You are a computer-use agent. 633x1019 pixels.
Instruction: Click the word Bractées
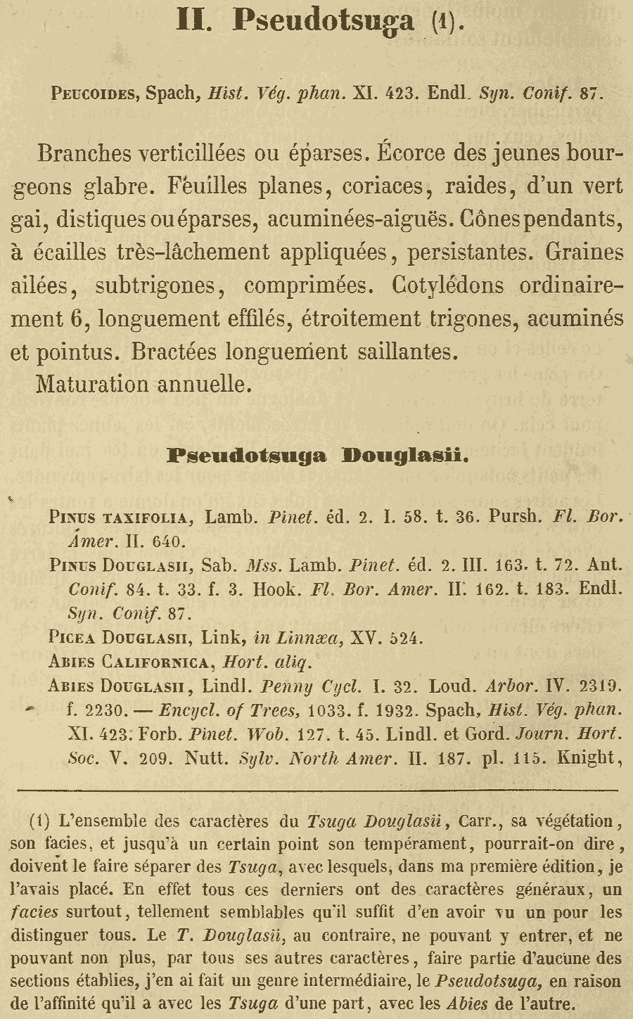click(181, 351)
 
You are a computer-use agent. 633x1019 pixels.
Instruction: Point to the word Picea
click(72, 638)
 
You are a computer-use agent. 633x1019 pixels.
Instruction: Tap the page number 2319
click(599, 685)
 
